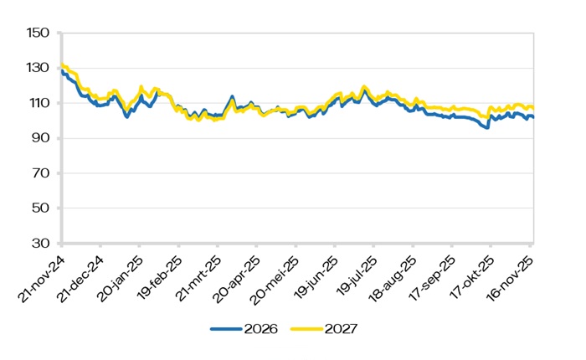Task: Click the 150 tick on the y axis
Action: pos(40,33)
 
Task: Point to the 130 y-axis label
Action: pos(40,69)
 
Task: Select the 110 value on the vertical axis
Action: pos(40,104)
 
